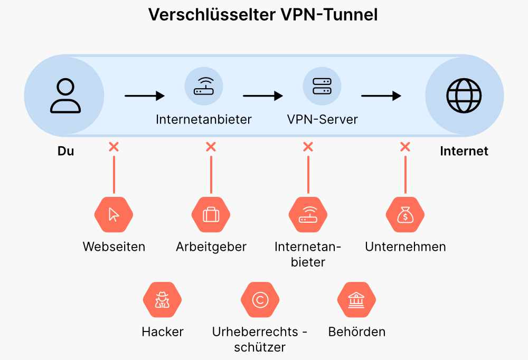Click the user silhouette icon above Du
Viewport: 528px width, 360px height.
[65, 96]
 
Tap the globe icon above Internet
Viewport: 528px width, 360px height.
[464, 96]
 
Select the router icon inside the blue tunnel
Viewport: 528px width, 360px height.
[204, 87]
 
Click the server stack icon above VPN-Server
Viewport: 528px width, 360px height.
[322, 87]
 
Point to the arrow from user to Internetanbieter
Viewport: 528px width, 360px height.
[145, 96]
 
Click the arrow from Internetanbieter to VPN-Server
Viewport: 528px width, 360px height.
[263, 96]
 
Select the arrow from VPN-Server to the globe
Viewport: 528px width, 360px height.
[381, 96]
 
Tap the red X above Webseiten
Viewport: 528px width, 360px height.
[114, 146]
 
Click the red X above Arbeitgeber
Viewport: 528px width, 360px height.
[211, 146]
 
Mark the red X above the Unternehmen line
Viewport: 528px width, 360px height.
[405, 146]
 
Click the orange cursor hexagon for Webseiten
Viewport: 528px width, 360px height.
[114, 215]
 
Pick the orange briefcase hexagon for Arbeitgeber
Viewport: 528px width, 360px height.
[211, 215]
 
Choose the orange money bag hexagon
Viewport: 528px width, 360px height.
[405, 215]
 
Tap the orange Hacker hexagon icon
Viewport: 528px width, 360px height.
[162, 300]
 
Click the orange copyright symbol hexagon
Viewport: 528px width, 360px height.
[260, 300]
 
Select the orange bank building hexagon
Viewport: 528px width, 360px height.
[356, 300]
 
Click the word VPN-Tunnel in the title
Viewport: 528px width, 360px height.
[328, 15]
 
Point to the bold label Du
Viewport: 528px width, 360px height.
[65, 151]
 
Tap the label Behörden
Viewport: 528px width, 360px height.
[357, 332]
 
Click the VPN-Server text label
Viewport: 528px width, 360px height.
[322, 119]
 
